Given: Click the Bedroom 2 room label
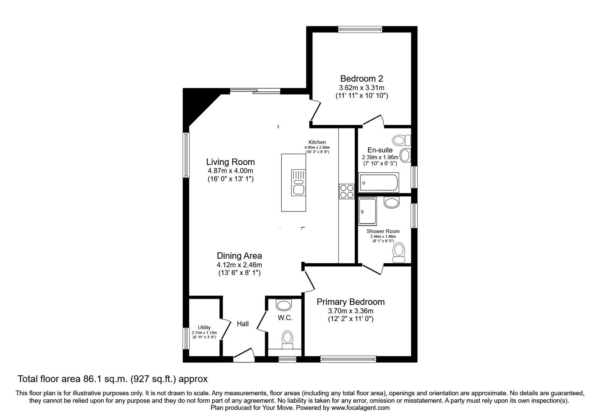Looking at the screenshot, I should coord(361,79).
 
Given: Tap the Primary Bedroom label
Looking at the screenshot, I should coord(351,302).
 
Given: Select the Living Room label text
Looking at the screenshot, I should coord(230,162).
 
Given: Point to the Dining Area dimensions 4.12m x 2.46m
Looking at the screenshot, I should coord(239,265).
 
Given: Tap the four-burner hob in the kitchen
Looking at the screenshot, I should coord(346,191).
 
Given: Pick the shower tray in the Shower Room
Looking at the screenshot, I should coord(367,211).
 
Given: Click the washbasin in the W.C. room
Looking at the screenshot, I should coord(284,305).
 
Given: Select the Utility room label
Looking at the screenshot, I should coord(204,327).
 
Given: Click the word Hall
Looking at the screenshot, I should coord(243,324).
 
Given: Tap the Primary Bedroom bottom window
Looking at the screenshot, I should coord(348,359).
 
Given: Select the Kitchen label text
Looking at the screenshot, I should coord(317,142).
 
